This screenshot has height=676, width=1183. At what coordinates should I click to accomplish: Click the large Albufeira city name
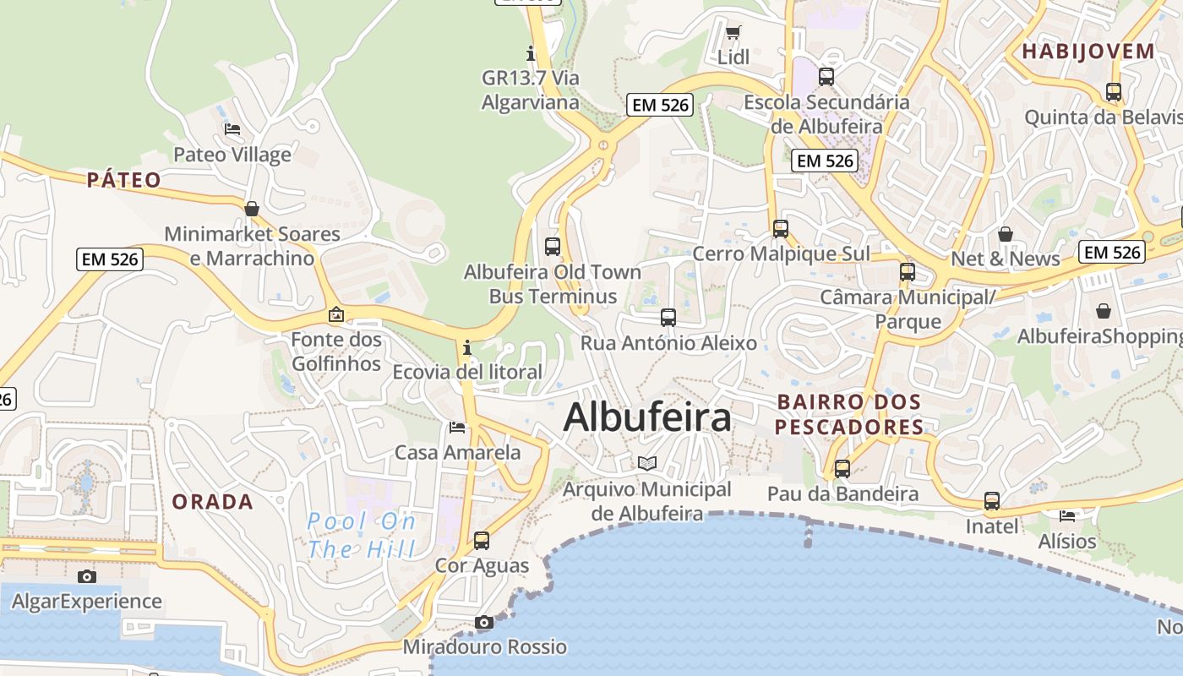pyautogui.click(x=646, y=417)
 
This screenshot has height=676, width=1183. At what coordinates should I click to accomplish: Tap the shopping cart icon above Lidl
pyautogui.click(x=733, y=33)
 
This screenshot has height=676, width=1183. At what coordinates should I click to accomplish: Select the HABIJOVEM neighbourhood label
pyautogui.click(x=1088, y=51)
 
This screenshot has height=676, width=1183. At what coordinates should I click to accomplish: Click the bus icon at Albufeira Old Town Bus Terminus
pyautogui.click(x=553, y=247)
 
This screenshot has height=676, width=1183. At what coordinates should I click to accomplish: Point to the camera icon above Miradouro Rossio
pyautogui.click(x=483, y=623)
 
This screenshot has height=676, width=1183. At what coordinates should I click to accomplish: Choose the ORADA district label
pyautogui.click(x=213, y=501)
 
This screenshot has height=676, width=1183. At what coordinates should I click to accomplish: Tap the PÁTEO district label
pyautogui.click(x=123, y=179)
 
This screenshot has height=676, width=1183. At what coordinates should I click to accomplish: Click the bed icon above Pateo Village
pyautogui.click(x=232, y=129)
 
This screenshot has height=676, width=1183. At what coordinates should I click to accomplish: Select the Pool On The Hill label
pyautogui.click(x=362, y=536)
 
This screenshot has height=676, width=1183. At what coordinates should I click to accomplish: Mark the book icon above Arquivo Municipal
pyautogui.click(x=647, y=463)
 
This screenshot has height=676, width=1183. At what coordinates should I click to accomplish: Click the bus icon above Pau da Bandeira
pyautogui.click(x=842, y=468)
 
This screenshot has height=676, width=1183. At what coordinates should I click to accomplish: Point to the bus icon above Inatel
pyautogui.click(x=992, y=501)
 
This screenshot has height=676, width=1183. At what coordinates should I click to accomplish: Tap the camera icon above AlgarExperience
pyautogui.click(x=86, y=576)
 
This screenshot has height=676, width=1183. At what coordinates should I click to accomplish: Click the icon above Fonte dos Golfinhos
pyautogui.click(x=336, y=314)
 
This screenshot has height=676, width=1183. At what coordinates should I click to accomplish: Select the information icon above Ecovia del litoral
pyautogui.click(x=466, y=347)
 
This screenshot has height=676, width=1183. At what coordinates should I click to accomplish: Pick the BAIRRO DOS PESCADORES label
pyautogui.click(x=848, y=414)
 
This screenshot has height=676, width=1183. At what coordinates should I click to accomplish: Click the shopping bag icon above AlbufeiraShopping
pyautogui.click(x=1103, y=311)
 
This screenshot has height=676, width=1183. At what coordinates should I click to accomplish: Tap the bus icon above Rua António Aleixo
pyautogui.click(x=668, y=318)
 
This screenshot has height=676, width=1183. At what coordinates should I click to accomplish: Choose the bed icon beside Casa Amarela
pyautogui.click(x=457, y=427)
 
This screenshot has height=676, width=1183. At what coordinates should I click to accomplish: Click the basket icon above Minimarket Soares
pyautogui.click(x=251, y=208)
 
